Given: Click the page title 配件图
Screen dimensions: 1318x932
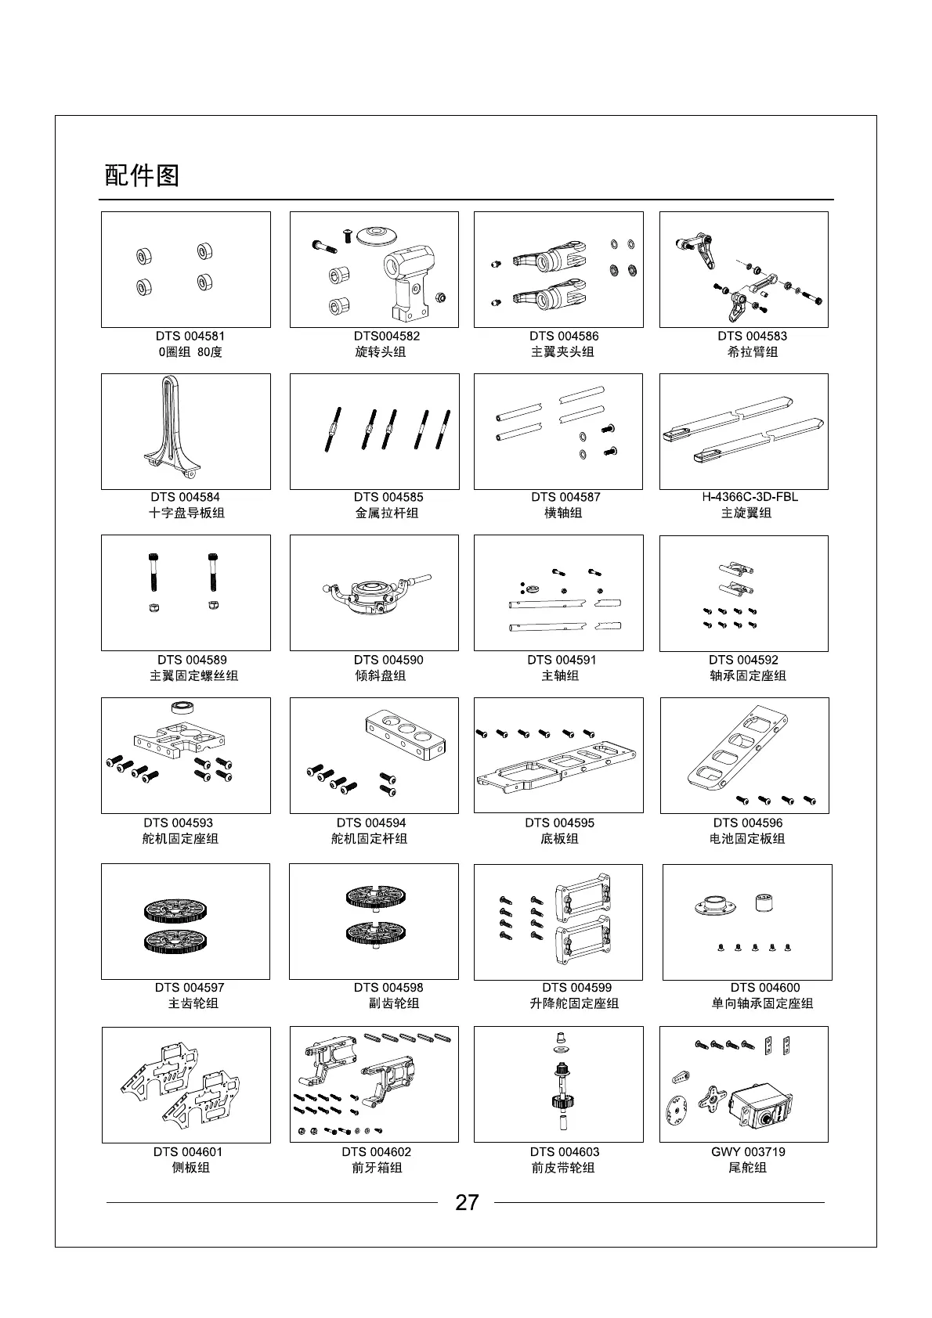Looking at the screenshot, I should click(142, 175).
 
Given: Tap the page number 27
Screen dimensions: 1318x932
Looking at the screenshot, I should click(466, 1202).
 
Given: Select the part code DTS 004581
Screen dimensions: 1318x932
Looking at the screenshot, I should click(190, 336).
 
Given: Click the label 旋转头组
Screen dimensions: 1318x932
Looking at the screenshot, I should click(381, 352).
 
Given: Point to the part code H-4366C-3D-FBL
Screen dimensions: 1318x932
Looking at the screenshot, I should click(750, 497).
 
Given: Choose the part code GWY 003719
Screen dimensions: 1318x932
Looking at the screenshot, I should click(748, 1151).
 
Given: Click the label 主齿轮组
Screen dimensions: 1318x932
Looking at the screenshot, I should click(193, 1003).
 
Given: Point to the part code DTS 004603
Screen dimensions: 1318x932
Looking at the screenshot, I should click(564, 1151).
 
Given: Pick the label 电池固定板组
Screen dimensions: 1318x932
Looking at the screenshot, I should click(746, 839).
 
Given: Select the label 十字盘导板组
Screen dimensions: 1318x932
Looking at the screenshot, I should click(186, 513).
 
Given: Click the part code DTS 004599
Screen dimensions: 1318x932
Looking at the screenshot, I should click(576, 988).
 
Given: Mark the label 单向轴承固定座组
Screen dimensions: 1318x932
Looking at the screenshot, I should click(762, 1003).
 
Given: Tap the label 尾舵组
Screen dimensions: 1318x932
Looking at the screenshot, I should click(747, 1168).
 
